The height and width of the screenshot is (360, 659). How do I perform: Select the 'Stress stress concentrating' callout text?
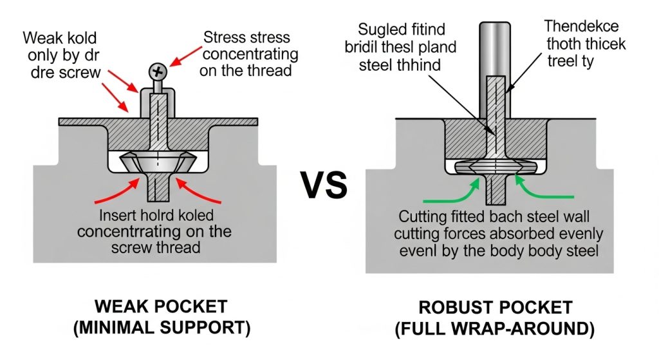(248, 53)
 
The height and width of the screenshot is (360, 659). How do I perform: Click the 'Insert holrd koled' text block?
(158, 231)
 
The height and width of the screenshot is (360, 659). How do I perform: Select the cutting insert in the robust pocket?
(494, 166)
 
